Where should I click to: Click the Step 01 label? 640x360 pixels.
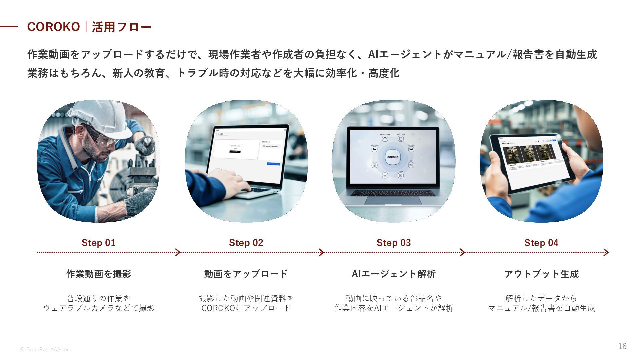point(98,243)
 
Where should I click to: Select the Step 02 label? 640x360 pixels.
point(246,243)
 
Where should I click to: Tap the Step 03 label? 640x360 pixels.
point(394,243)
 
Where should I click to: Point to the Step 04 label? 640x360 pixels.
point(541,243)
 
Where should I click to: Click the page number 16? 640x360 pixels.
point(622,346)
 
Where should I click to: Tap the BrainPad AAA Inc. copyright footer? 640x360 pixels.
point(45,349)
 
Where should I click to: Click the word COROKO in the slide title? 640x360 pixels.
point(53,27)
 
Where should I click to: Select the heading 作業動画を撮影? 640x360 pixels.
point(99,274)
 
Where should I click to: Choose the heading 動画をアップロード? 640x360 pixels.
point(246,274)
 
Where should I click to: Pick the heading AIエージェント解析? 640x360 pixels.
point(394,274)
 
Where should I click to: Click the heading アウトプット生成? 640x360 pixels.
point(541,274)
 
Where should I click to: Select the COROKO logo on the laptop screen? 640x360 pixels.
point(393,157)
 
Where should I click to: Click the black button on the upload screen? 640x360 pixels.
point(235,152)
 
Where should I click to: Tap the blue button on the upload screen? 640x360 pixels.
point(273,164)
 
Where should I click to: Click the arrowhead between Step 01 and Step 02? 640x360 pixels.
point(178,252)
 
